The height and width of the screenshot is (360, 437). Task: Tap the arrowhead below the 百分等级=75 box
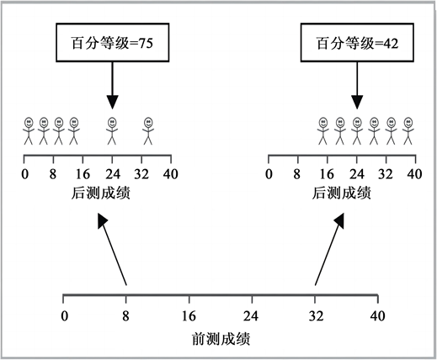pos(112,103)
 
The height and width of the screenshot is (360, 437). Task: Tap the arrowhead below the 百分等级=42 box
pos(357,103)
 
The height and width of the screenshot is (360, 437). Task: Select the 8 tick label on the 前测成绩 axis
pos(125,316)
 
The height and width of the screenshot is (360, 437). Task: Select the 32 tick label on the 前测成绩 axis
pos(316,316)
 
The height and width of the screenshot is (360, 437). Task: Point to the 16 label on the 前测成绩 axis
pos(189,316)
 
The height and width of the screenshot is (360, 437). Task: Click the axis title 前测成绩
pos(221,339)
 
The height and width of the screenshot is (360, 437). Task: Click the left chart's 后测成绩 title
pos(101,193)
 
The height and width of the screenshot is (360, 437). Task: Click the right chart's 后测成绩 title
pos(342,193)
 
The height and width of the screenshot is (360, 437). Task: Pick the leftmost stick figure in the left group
pos(29,130)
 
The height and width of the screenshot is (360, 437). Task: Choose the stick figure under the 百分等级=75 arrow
pos(112,130)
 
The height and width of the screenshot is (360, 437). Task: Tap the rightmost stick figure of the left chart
pos(148,130)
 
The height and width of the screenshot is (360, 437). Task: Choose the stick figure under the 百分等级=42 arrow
pos(357,130)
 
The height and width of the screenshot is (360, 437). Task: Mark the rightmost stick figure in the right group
pos(408,130)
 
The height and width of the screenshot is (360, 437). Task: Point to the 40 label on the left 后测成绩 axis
pos(171,174)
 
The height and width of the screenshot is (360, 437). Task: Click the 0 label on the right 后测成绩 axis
pos(269,174)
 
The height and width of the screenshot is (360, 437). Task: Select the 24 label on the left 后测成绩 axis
pos(113,174)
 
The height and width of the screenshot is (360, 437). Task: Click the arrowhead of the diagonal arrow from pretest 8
pos(102,221)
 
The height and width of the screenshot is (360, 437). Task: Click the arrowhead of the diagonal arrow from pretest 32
pos(339,221)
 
